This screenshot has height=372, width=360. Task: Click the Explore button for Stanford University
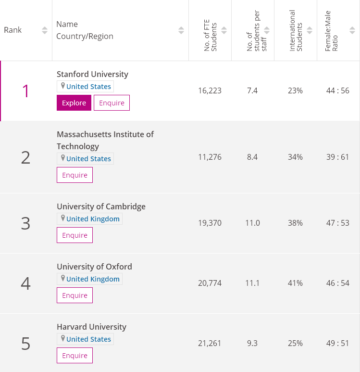point(74,103)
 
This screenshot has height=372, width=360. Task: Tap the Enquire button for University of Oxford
point(74,295)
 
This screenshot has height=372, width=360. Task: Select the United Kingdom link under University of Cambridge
point(93,219)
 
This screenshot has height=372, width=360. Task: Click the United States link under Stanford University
point(88,87)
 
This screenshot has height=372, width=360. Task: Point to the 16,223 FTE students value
point(210,90)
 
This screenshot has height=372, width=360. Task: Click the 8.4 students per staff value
point(252,157)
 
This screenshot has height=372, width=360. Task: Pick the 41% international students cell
point(295,283)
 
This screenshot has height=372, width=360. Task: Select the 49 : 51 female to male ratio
point(337,343)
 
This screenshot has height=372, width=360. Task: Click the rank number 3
point(25,223)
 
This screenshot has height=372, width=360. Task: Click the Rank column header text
point(13,30)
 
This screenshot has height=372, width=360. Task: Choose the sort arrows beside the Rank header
point(45,30)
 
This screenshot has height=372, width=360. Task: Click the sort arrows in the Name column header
point(181,30)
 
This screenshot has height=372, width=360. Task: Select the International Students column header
point(296,30)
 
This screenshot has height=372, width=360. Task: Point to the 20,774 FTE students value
point(210,283)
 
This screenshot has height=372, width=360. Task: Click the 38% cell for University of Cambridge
point(295,223)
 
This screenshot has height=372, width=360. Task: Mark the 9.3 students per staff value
point(252,343)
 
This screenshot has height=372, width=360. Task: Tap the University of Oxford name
point(94,267)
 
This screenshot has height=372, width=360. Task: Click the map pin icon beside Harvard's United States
point(62,338)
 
